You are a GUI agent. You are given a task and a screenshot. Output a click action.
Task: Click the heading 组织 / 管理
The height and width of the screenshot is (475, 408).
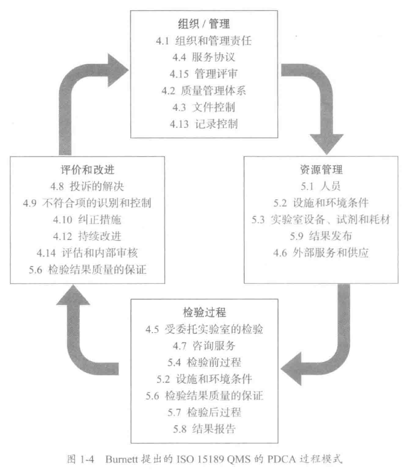[204, 24]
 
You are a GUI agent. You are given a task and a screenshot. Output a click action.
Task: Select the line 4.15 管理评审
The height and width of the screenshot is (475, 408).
[204, 73]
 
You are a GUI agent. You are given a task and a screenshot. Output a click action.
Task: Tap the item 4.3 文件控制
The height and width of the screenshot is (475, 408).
[204, 107]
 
